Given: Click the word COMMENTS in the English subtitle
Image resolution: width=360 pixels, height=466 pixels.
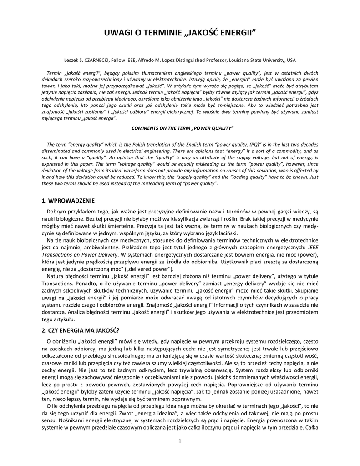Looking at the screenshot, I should pyautogui.click(x=147, y=128).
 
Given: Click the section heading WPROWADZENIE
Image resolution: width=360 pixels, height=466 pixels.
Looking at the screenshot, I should pyautogui.click(x=70, y=200).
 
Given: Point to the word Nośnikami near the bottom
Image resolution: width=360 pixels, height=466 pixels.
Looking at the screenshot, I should pyautogui.click(x=57, y=421).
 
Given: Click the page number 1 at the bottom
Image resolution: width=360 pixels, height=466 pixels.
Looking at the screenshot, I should pyautogui.click(x=180, y=441).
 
